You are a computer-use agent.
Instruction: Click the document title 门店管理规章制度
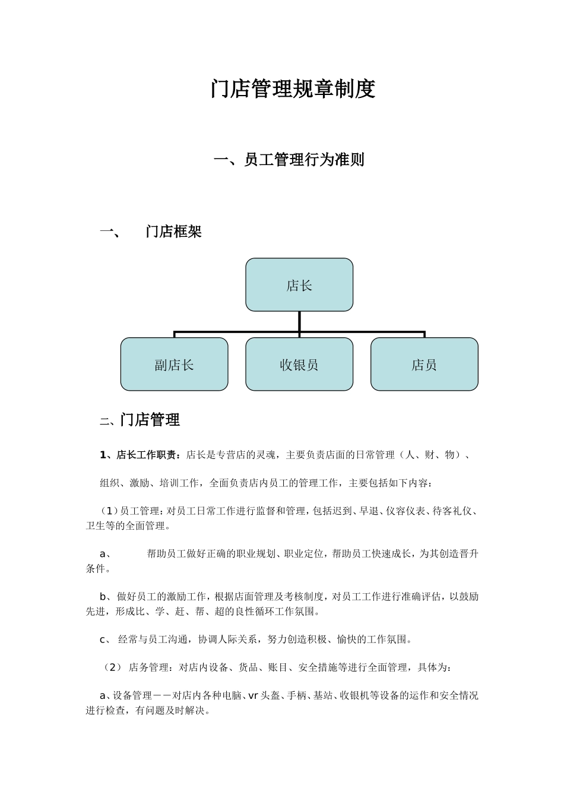point(293,89)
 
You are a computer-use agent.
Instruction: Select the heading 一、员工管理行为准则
point(289,160)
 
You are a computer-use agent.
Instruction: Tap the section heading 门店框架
point(173,232)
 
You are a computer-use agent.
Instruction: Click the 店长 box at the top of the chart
point(299,285)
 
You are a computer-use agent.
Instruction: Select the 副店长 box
point(174,365)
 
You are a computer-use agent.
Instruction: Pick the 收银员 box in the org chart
point(299,365)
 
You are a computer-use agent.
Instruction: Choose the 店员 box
point(424,365)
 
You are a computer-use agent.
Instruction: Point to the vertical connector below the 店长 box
point(299,321)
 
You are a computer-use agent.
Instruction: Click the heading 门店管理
point(150,420)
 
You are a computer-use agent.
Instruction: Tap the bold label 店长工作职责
point(145,455)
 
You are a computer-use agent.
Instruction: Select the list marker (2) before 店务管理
point(112,668)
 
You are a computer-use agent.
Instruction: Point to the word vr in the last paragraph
point(253,696)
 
